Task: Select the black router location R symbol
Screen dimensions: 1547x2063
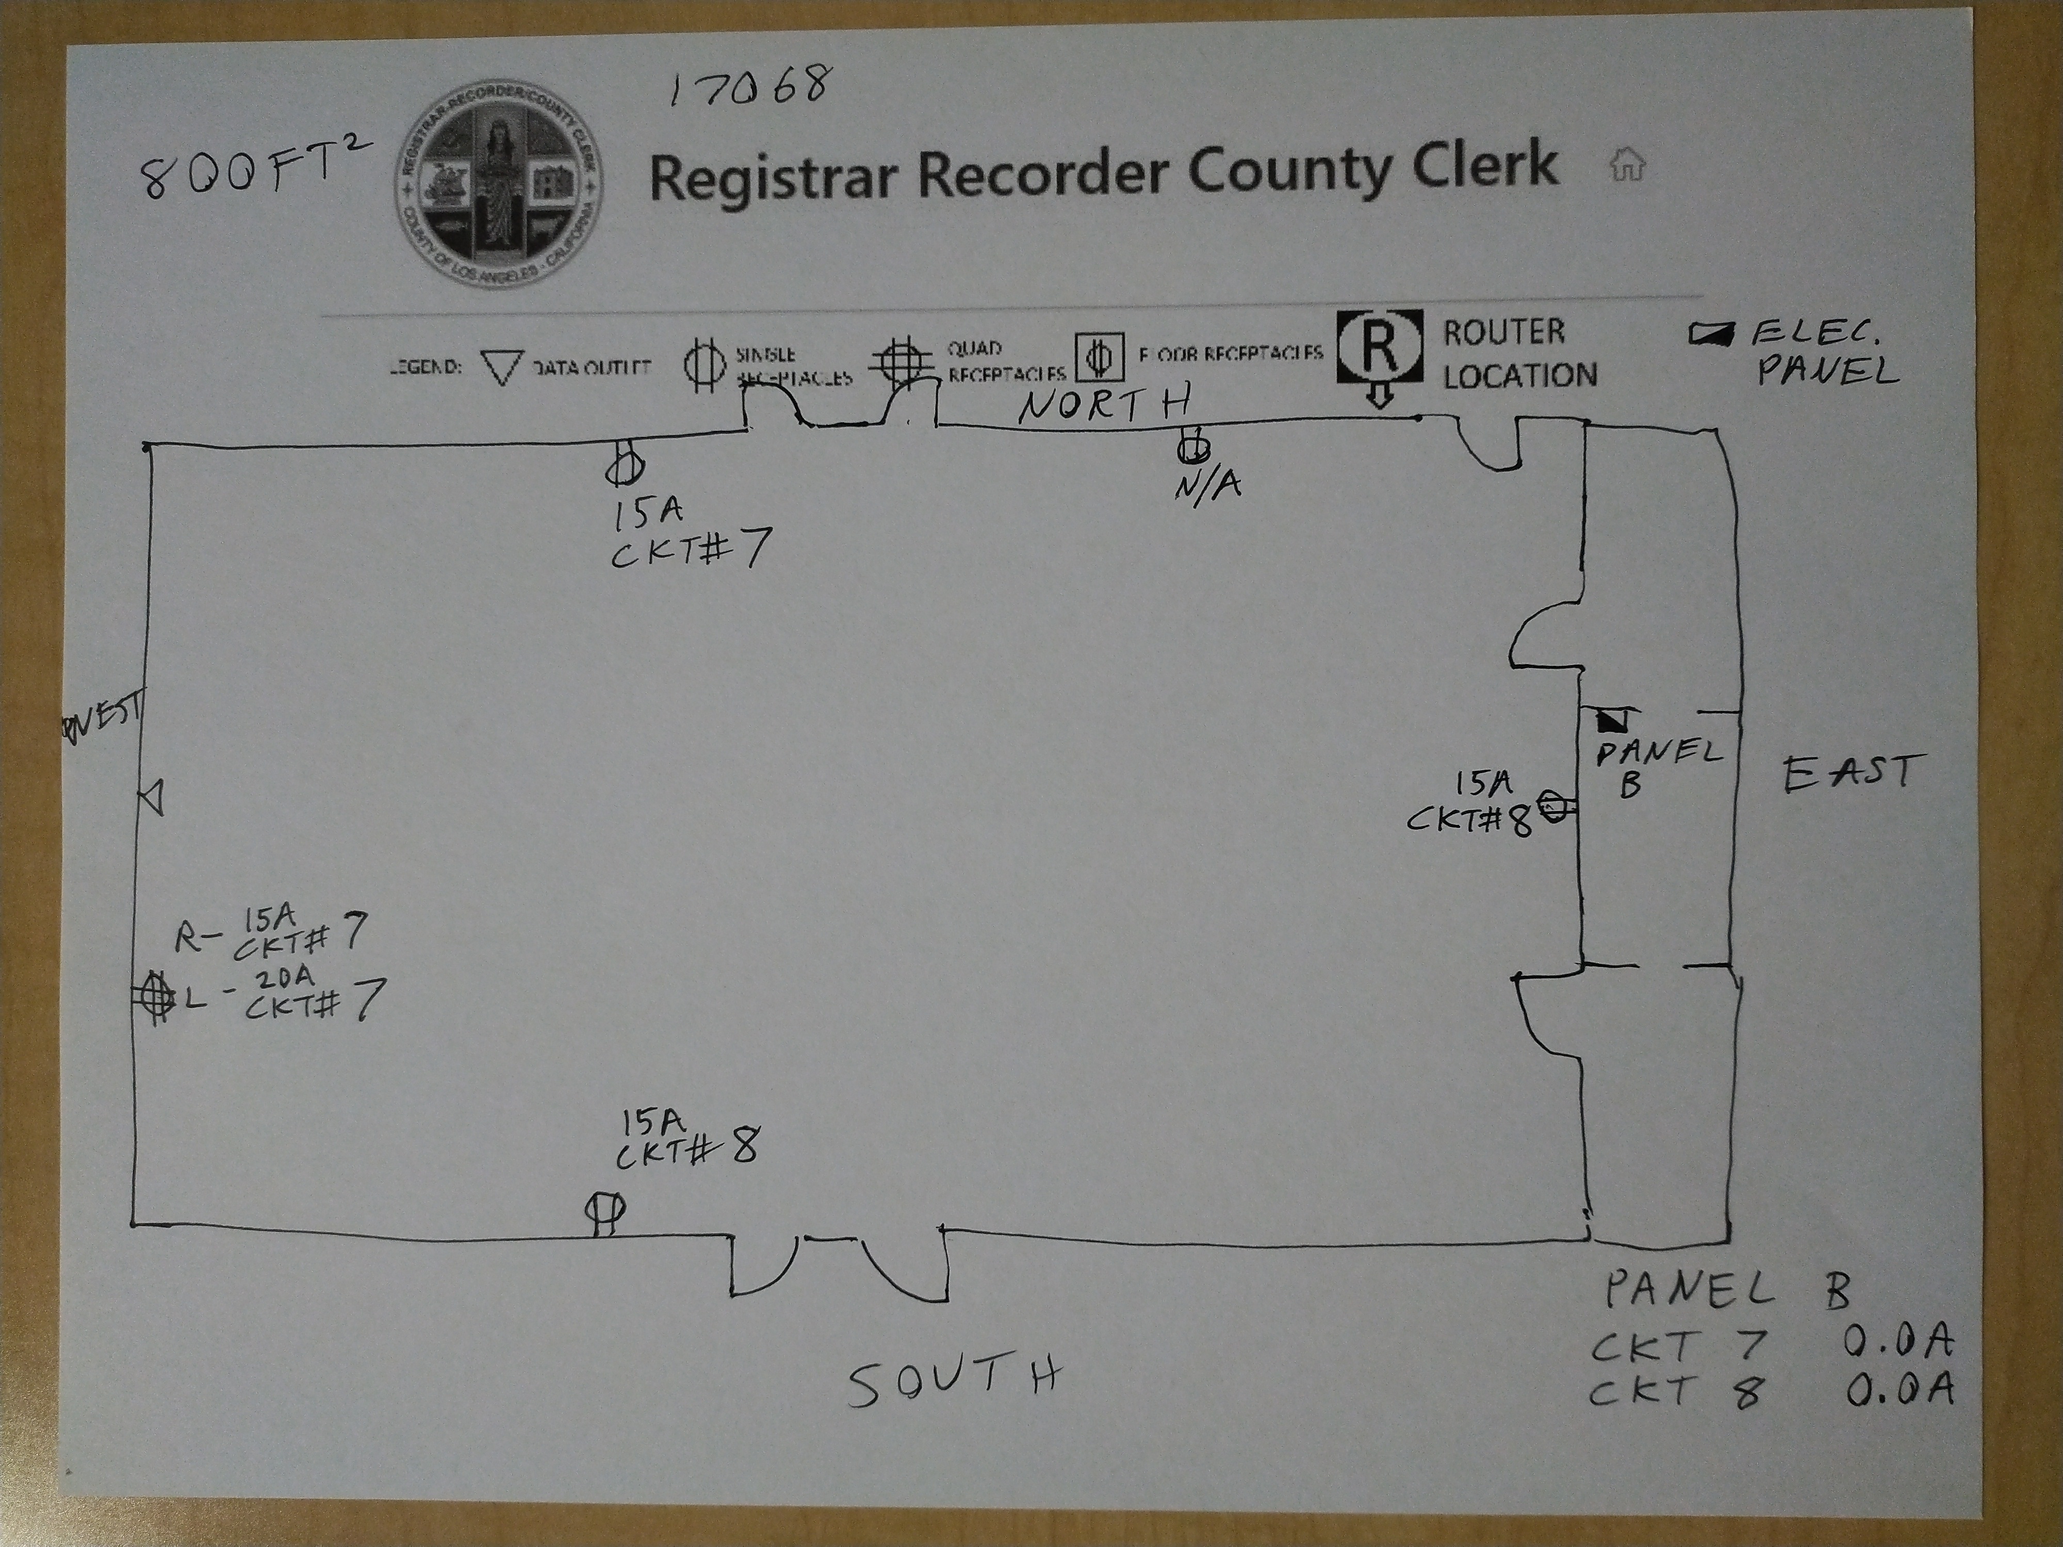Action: (1380, 347)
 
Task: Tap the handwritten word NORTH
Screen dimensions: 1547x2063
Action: (1105, 406)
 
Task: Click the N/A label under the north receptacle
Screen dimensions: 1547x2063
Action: (1208, 486)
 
